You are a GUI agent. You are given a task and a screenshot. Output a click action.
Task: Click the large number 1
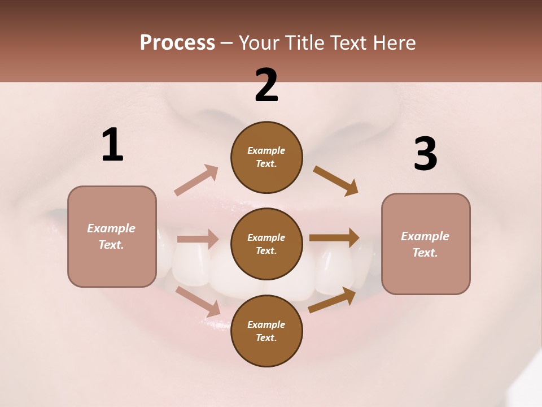pyautogui.click(x=112, y=145)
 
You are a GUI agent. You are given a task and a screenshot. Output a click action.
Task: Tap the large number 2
pyautogui.click(x=266, y=85)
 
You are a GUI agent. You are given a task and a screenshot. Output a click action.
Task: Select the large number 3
pyautogui.click(x=425, y=154)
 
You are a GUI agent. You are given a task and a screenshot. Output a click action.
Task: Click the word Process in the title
pyautogui.click(x=177, y=42)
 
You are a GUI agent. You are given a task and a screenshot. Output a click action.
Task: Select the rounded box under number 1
pyautogui.click(x=112, y=236)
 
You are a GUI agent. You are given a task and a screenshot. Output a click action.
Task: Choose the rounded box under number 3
pyautogui.click(x=426, y=244)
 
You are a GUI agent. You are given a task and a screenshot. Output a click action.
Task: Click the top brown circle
pyautogui.click(x=266, y=157)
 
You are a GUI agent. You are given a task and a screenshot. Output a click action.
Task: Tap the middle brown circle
pyautogui.click(x=266, y=244)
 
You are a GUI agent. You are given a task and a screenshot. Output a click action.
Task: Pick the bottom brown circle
pyautogui.click(x=266, y=331)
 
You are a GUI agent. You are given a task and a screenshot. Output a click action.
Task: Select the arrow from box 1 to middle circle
pyautogui.click(x=198, y=239)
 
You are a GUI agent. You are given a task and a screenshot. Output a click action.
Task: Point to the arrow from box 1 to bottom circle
pyautogui.click(x=198, y=301)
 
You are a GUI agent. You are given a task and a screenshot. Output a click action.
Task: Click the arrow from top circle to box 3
pyautogui.click(x=335, y=181)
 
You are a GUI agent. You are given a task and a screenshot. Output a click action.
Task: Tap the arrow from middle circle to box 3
pyautogui.click(x=334, y=238)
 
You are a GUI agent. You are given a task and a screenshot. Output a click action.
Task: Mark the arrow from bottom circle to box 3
pyautogui.click(x=332, y=300)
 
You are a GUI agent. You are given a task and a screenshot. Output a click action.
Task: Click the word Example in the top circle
pyautogui.click(x=266, y=151)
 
